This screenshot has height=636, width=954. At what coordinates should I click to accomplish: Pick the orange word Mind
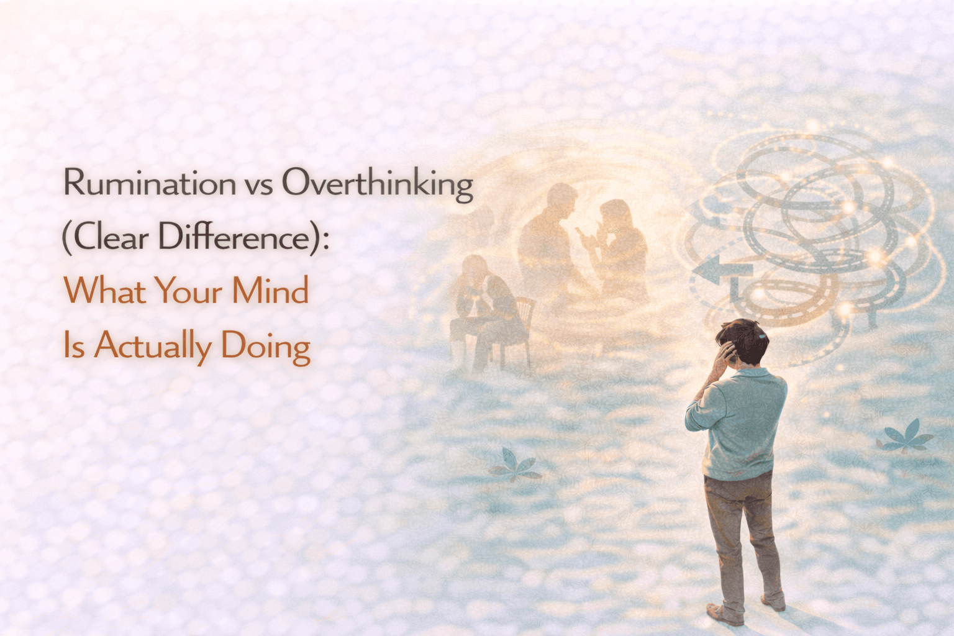point(270,291)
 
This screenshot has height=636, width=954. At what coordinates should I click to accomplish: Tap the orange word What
point(104,291)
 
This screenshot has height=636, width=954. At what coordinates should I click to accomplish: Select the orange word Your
point(188,291)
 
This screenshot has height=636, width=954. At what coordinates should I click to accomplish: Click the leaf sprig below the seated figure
point(514,466)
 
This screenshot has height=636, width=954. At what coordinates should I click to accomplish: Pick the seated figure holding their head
point(483,304)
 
